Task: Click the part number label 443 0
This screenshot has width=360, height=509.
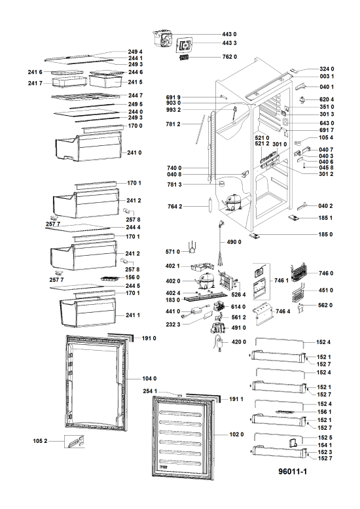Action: pyautogui.click(x=229, y=34)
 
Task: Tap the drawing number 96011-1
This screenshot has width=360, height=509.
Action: pyautogui.click(x=293, y=471)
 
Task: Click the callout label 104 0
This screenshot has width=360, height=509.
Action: pyautogui.click(x=149, y=379)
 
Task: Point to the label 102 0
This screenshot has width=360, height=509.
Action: pyautogui.click(x=236, y=434)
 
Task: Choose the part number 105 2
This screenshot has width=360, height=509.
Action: pyautogui.click(x=40, y=441)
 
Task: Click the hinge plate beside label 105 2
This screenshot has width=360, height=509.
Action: pyautogui.click(x=75, y=442)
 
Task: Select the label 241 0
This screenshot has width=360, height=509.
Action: pyautogui.click(x=134, y=152)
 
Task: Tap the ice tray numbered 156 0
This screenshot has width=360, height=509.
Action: pyautogui.click(x=111, y=279)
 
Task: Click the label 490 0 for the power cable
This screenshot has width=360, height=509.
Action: pyautogui.click(x=234, y=242)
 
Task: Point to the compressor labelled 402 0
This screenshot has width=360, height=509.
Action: pyautogui.click(x=205, y=281)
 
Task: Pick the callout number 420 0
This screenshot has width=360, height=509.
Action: pyautogui.click(x=239, y=342)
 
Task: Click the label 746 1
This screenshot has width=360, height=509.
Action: pyautogui.click(x=281, y=281)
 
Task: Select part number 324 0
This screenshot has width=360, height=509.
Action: pyautogui.click(x=327, y=69)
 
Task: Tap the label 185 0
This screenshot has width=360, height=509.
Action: pyautogui.click(x=325, y=234)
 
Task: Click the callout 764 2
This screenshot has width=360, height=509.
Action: pyautogui.click(x=175, y=207)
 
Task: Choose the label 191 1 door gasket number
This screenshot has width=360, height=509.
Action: pyautogui.click(x=236, y=399)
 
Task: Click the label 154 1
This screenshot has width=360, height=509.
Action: pyautogui.click(x=325, y=445)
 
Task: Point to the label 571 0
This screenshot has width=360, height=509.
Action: pyautogui.click(x=173, y=252)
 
